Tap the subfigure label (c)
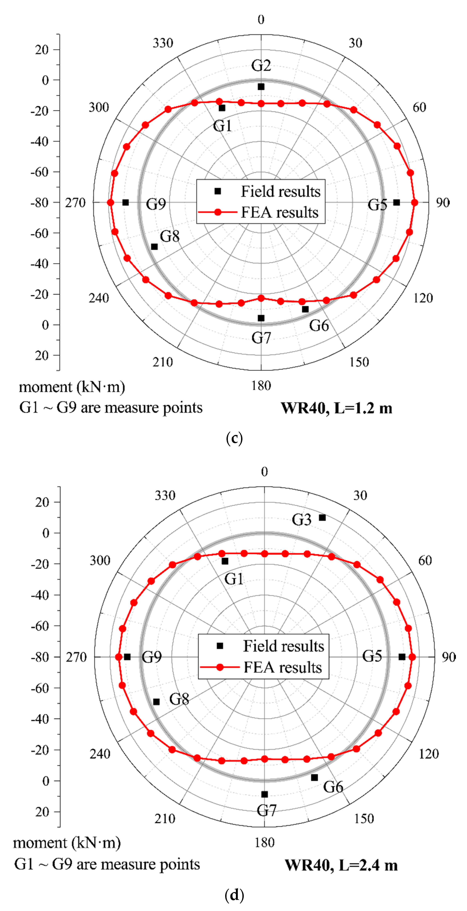(234, 439)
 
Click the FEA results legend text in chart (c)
(280, 212)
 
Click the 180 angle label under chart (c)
(261, 385)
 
